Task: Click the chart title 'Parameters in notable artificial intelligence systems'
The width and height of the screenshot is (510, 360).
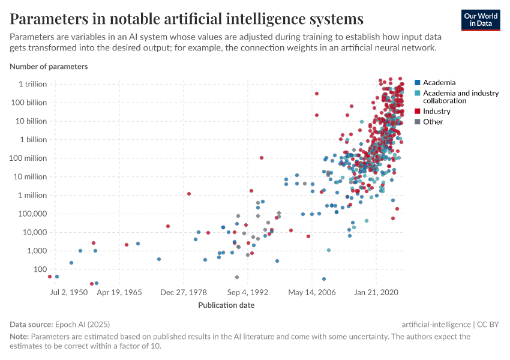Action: point(187,19)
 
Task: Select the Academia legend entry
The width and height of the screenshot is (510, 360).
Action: point(439,82)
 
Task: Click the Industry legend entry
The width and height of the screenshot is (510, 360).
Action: point(436,112)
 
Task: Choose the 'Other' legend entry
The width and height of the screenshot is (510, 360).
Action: point(433,122)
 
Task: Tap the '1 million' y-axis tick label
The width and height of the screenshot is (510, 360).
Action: point(32,195)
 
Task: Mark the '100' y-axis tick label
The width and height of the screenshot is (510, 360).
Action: point(40,269)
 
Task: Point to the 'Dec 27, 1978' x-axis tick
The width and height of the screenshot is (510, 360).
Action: point(184,293)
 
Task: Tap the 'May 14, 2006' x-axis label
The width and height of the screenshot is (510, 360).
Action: point(311,293)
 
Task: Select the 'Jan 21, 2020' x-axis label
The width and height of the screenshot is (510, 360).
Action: point(376,293)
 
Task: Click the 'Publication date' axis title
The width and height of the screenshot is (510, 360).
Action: point(226,305)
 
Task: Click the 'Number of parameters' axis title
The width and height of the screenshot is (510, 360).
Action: point(49,67)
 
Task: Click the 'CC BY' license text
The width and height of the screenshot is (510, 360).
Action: point(488,324)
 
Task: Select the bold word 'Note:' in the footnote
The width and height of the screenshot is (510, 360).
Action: point(19,337)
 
